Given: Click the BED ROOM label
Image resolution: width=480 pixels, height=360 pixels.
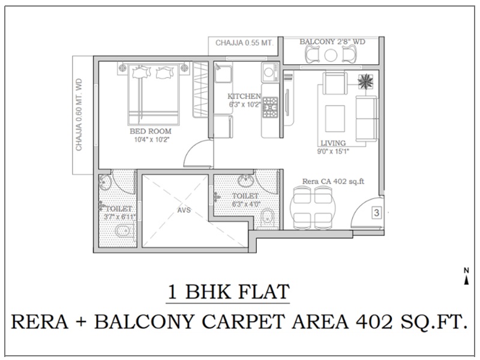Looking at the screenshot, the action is pyautogui.click(x=151, y=131).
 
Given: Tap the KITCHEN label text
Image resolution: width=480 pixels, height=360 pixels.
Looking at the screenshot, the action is pyautogui.click(x=244, y=97).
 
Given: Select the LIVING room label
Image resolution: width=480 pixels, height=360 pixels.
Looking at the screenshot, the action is pyautogui.click(x=333, y=143).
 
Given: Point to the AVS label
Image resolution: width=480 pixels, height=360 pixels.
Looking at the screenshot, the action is pyautogui.click(x=184, y=210).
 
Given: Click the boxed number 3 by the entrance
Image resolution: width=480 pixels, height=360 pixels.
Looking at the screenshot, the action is pyautogui.click(x=377, y=212).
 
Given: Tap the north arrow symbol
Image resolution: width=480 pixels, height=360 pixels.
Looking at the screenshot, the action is pyautogui.click(x=466, y=277).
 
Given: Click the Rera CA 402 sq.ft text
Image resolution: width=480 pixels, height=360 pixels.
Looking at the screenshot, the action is pyautogui.click(x=334, y=181).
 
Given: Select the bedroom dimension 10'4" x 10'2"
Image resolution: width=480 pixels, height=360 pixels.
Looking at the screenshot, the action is pyautogui.click(x=152, y=140).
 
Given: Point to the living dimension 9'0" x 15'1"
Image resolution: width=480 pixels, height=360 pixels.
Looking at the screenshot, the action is pyautogui.click(x=333, y=151).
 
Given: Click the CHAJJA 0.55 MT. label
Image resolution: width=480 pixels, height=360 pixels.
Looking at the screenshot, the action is pyautogui.click(x=244, y=43).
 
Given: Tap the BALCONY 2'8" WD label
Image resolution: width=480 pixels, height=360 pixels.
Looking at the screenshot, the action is pyautogui.click(x=332, y=41).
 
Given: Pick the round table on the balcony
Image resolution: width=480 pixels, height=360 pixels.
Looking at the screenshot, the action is pyautogui.click(x=331, y=55).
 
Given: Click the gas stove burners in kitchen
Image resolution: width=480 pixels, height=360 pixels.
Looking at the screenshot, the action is pyautogui.click(x=269, y=107).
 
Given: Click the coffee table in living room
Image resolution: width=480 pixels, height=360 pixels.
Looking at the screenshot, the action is pyautogui.click(x=335, y=118).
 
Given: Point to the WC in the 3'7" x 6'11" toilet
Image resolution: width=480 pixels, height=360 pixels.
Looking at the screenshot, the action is pyautogui.click(x=124, y=230).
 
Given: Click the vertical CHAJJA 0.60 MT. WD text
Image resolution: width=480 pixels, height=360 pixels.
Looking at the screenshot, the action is pyautogui.click(x=79, y=115).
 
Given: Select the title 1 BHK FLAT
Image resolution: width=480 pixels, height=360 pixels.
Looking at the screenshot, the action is pyautogui.click(x=228, y=292).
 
